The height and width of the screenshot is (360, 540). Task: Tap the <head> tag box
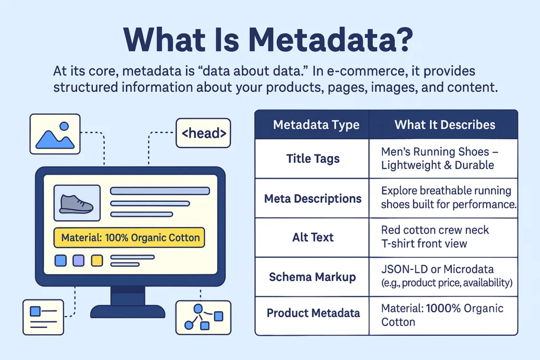pos(203,133)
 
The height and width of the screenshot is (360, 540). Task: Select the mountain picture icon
pos(55,134)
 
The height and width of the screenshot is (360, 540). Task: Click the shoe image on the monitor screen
pos(77,203)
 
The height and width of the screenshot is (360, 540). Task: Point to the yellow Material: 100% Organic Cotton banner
pos(130,238)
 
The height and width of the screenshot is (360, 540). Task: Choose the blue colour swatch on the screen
pos(61,260)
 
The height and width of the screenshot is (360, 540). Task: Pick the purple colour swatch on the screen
pos(79,260)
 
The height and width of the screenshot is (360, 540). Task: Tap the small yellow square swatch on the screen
pos(97,260)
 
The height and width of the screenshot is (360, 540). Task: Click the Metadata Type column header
pos(316,124)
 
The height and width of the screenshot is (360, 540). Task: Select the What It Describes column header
pos(445,124)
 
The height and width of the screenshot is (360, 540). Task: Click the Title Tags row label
pos(313,159)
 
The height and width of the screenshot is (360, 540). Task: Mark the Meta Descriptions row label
pos(313,199)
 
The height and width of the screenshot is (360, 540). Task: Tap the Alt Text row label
pos(313,237)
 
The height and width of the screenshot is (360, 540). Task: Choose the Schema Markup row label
pos(312,277)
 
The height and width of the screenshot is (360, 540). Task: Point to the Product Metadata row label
pos(313,313)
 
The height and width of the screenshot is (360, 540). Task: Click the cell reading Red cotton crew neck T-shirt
pos(435,237)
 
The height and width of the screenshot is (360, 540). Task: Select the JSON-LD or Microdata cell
pos(447,276)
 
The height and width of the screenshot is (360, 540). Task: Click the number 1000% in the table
pos(443,308)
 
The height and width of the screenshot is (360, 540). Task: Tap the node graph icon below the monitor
pos(203,317)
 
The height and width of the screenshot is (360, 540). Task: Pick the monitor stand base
pos(128,312)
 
